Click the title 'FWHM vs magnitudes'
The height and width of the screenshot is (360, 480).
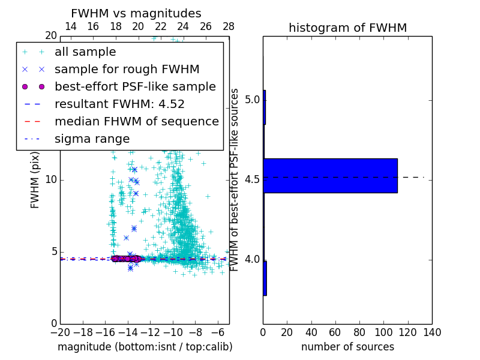[x=136, y=14]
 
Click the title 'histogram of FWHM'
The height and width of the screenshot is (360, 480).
[x=347, y=28]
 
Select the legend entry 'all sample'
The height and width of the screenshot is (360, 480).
[x=85, y=52]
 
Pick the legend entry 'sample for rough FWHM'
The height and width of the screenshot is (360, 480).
[x=127, y=70]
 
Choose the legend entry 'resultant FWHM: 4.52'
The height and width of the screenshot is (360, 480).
[x=119, y=104]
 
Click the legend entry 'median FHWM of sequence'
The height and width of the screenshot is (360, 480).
[x=136, y=122]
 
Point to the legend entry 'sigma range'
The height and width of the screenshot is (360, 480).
[x=92, y=139]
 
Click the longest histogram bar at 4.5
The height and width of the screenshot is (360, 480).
[x=330, y=176]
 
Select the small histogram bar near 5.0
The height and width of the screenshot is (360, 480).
[x=264, y=107]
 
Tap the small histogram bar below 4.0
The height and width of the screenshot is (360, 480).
[x=265, y=278]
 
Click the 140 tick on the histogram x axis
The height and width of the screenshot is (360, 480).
[x=432, y=332]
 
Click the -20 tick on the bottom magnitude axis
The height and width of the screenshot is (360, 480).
[x=60, y=332]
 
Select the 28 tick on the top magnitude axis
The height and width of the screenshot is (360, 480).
[x=229, y=26]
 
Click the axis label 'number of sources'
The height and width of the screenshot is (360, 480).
[x=347, y=347]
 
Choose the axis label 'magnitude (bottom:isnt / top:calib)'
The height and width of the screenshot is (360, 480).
[x=145, y=347]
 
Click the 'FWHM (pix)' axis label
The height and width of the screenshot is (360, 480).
[x=35, y=179]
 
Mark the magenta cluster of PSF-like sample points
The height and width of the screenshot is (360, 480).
[x=126, y=259]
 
